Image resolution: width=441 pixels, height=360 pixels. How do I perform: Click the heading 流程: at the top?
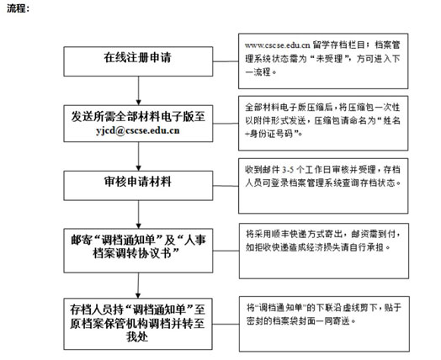click(x=19, y=8)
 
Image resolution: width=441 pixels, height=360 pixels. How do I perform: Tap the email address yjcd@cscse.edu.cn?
click(x=138, y=130)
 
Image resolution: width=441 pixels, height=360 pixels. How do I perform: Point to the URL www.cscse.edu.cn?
click(x=278, y=45)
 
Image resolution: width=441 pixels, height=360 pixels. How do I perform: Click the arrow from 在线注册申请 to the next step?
click(x=138, y=91)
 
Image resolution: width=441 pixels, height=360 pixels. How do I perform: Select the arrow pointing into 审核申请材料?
click(x=138, y=156)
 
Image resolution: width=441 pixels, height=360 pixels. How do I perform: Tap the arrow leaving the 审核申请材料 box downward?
click(x=138, y=214)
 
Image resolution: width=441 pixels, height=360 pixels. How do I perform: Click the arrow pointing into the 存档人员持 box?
click(x=138, y=285)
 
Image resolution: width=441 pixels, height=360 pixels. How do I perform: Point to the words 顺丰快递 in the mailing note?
click(x=289, y=234)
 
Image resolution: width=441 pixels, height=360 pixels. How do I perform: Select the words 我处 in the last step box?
click(x=137, y=336)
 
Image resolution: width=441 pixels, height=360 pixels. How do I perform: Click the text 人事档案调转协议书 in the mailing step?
click(x=150, y=247)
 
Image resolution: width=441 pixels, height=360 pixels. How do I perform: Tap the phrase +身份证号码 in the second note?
click(x=269, y=134)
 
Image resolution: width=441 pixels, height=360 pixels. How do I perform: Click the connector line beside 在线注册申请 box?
click(x=226, y=61)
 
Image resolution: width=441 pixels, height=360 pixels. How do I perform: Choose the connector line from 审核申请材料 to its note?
click(x=226, y=186)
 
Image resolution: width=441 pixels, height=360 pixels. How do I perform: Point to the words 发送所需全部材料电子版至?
click(x=138, y=116)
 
